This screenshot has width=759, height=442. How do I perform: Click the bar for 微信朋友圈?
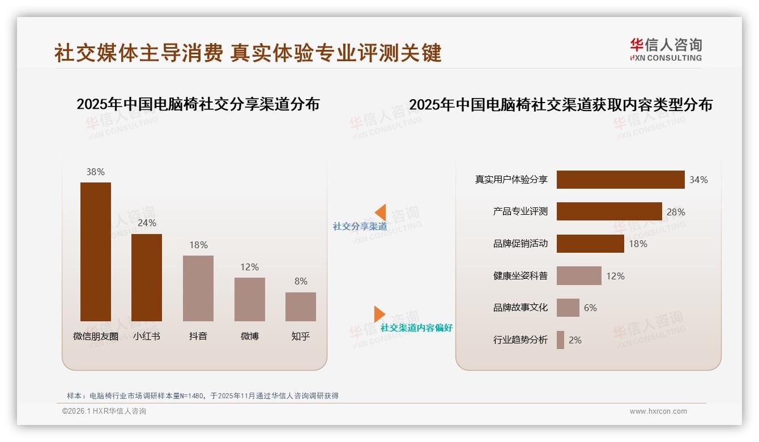pyautogui.click(x=96, y=252)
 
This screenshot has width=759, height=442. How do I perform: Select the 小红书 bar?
pyautogui.click(x=147, y=278)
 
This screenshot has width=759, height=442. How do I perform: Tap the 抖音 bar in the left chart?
pyautogui.click(x=198, y=288)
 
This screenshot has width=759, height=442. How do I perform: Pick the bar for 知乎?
pyautogui.click(x=301, y=307)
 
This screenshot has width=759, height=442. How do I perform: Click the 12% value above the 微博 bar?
pyautogui.click(x=249, y=267)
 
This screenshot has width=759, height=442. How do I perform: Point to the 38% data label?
pyautogui.click(x=96, y=172)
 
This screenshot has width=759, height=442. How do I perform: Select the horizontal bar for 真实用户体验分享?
pyautogui.click(x=620, y=180)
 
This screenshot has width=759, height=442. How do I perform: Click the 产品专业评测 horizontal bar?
pyautogui.click(x=609, y=211)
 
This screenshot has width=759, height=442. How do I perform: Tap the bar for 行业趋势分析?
pyautogui.click(x=560, y=340)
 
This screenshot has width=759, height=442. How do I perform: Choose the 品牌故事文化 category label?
pyautogui.click(x=521, y=308)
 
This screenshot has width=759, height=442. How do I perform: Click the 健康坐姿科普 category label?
pyautogui.click(x=521, y=276)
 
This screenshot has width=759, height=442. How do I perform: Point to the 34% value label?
pyautogui.click(x=698, y=180)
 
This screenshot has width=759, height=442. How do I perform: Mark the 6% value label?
pyautogui.click(x=590, y=308)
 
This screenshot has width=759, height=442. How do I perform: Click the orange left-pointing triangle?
pyautogui.click(x=381, y=212)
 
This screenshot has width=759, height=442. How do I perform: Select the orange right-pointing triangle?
pyautogui.click(x=379, y=314)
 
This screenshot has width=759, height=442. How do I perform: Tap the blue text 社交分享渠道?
pyautogui.click(x=360, y=227)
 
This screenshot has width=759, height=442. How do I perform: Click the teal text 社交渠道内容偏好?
pyautogui.click(x=416, y=328)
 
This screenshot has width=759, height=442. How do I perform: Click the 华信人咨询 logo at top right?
pyautogui.click(x=666, y=49)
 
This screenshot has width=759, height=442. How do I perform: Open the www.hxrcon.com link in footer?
pyautogui.click(x=658, y=411)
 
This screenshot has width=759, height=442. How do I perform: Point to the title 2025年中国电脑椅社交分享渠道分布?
pyautogui.click(x=198, y=104)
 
